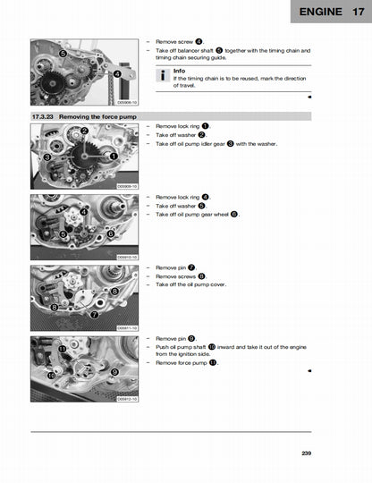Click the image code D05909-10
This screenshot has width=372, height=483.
(128, 186)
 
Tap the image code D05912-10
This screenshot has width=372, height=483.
(128, 398)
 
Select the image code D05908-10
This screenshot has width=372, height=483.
(128, 105)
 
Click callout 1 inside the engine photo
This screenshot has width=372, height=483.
(114, 156)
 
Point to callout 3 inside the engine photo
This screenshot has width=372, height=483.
(46, 157)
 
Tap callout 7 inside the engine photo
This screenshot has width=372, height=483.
(95, 314)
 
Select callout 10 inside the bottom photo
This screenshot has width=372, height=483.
(51, 377)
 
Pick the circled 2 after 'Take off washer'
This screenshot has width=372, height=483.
(201, 135)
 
